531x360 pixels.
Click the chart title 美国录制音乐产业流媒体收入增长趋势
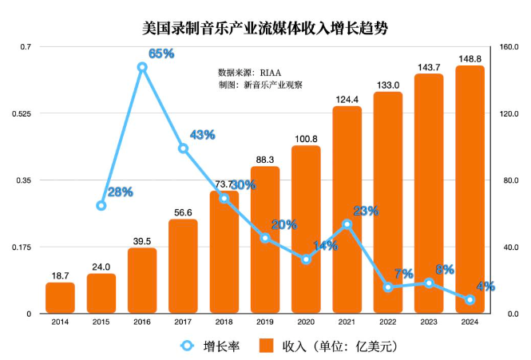point(264,28)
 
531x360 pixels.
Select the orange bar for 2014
point(60,298)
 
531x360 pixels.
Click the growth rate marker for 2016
point(142,68)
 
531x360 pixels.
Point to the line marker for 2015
point(101,206)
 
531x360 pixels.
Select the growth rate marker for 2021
point(347,225)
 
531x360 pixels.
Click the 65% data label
point(161,53)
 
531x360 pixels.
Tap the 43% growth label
point(202,135)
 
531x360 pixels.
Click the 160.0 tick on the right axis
point(508,47)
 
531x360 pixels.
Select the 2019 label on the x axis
point(264,323)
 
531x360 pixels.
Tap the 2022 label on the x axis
point(387,323)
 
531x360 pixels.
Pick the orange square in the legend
point(268,346)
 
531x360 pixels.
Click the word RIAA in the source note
point(281,71)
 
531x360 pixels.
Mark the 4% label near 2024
point(486,286)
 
